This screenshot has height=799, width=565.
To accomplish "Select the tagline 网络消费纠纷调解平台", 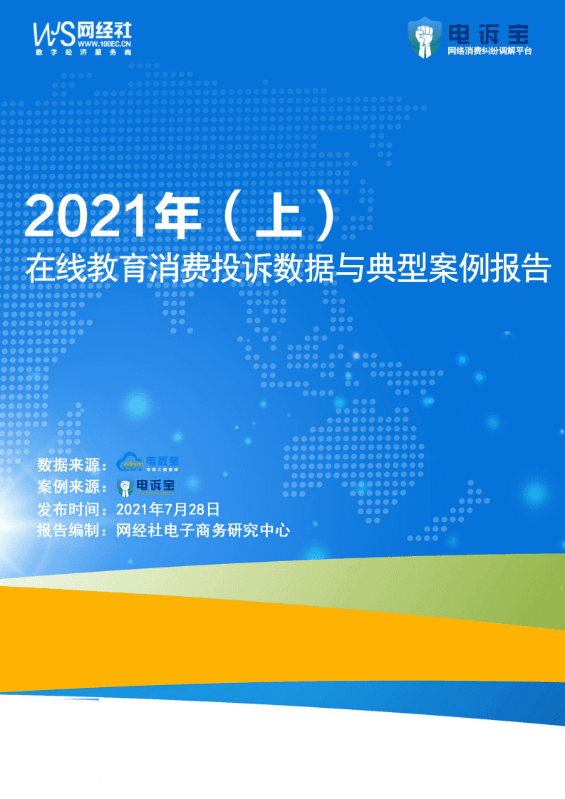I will (490, 52).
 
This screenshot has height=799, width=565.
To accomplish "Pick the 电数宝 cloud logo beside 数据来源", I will (148, 463).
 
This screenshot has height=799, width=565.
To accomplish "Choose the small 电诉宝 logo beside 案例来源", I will (147, 486).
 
